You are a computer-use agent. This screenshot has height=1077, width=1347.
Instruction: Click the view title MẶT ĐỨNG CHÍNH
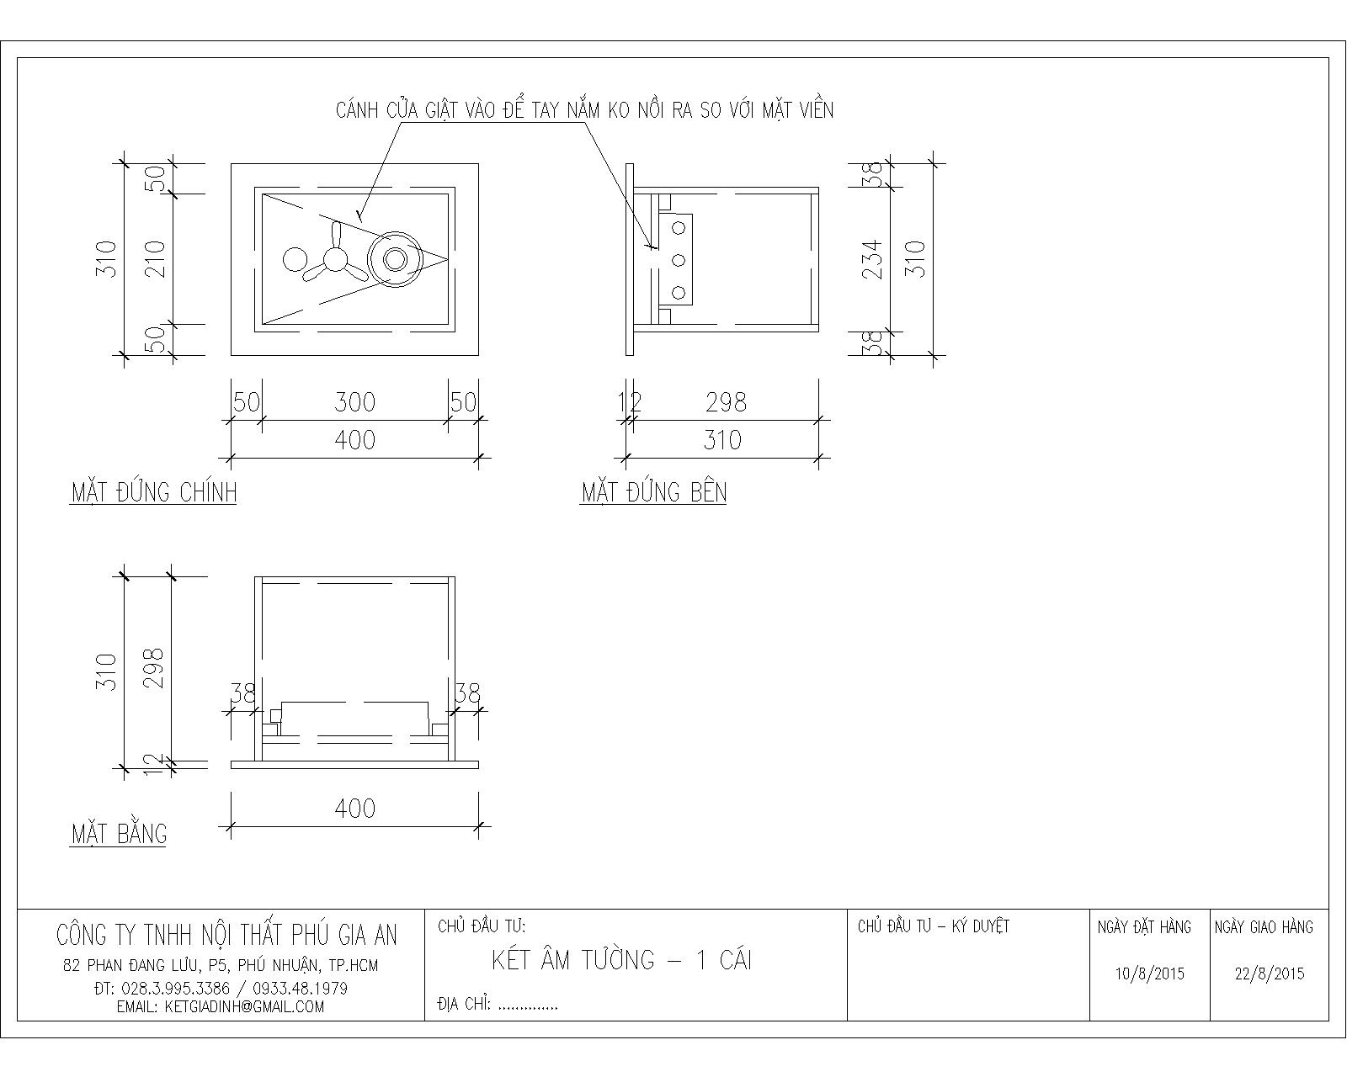(153, 492)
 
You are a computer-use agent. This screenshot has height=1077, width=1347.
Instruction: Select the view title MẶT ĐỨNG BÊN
(653, 492)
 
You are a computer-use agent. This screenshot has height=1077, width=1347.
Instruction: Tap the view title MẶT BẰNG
(119, 834)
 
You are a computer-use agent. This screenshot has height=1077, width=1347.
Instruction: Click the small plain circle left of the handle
(295, 260)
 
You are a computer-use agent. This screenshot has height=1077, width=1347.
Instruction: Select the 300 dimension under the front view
(354, 402)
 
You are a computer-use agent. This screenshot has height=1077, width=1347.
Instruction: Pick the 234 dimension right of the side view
(875, 258)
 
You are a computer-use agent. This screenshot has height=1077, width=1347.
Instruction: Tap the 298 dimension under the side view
(726, 402)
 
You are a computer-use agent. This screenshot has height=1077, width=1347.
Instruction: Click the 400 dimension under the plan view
(354, 809)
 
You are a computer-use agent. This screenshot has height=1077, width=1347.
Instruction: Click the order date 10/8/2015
(1149, 974)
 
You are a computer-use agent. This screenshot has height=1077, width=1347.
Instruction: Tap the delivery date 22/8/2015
(1270, 974)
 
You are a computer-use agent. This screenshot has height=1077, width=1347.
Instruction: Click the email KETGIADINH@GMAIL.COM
(221, 1006)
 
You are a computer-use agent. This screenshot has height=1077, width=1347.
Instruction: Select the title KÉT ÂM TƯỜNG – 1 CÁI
(621, 960)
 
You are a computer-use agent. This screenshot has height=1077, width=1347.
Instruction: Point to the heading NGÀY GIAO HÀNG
(1264, 927)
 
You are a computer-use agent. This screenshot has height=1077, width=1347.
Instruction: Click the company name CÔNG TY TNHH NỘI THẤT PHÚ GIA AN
(226, 935)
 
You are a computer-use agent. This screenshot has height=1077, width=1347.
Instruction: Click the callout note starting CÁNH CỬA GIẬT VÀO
(584, 110)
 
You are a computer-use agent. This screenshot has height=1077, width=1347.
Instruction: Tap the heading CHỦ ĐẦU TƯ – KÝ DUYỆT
(933, 926)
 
